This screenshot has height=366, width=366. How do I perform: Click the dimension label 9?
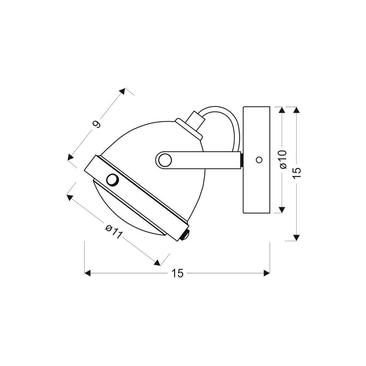[97, 124]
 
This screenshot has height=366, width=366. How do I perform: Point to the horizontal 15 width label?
[178, 273]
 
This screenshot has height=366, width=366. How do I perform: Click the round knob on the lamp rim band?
[113, 179]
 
